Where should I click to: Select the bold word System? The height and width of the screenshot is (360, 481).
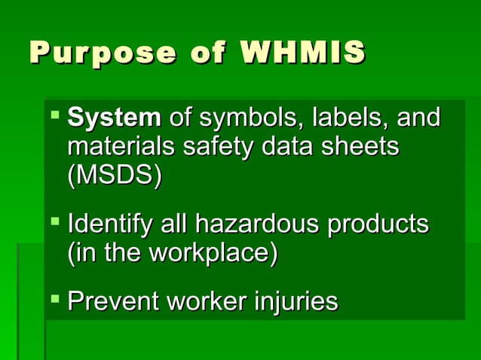pos(114,118)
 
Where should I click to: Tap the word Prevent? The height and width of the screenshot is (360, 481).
pos(113,301)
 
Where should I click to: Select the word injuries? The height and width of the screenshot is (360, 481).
pos(295,301)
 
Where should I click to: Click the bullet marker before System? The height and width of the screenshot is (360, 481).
pos(56,117)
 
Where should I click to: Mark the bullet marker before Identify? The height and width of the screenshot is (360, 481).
pos(56,223)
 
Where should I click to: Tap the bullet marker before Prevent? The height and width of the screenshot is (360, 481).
pos(56,301)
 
